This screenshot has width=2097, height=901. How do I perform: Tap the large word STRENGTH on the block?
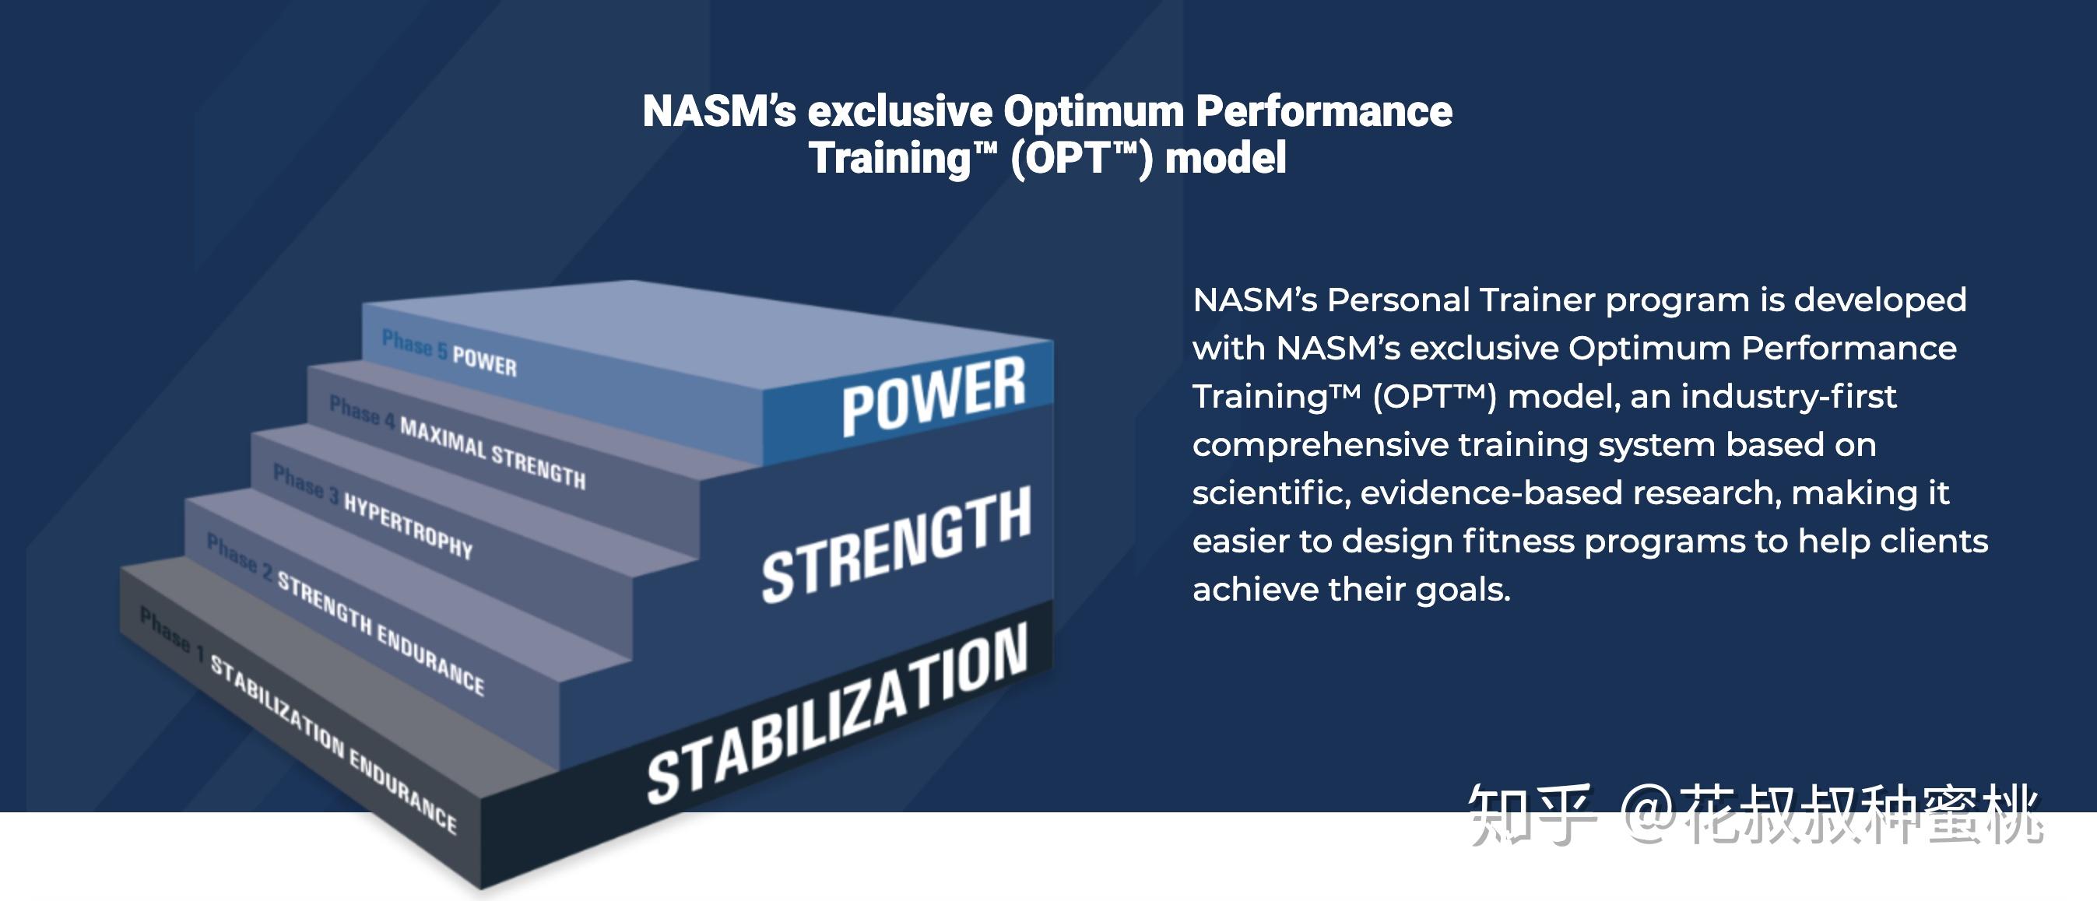(x=896, y=546)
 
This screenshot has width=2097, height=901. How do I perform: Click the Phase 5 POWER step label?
(x=448, y=352)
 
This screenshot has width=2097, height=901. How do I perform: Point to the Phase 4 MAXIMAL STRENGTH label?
(x=457, y=441)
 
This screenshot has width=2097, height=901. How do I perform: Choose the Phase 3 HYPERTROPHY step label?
(x=372, y=511)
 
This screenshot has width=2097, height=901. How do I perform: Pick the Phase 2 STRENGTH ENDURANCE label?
(x=345, y=613)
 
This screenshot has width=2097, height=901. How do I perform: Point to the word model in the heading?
(x=1225, y=158)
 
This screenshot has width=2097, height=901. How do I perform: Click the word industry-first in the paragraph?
(x=1789, y=396)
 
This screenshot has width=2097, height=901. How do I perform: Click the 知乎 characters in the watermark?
(x=1530, y=814)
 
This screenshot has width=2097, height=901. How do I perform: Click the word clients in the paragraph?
(x=1934, y=542)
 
